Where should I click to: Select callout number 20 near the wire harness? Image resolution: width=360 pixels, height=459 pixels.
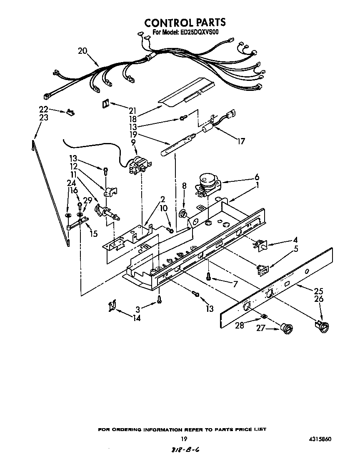(x=82, y=51)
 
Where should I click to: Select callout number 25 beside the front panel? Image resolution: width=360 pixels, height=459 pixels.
(x=319, y=291)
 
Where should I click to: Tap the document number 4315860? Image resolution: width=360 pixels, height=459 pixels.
(x=320, y=439)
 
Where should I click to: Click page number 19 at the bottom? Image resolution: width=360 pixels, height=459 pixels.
(x=183, y=439)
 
